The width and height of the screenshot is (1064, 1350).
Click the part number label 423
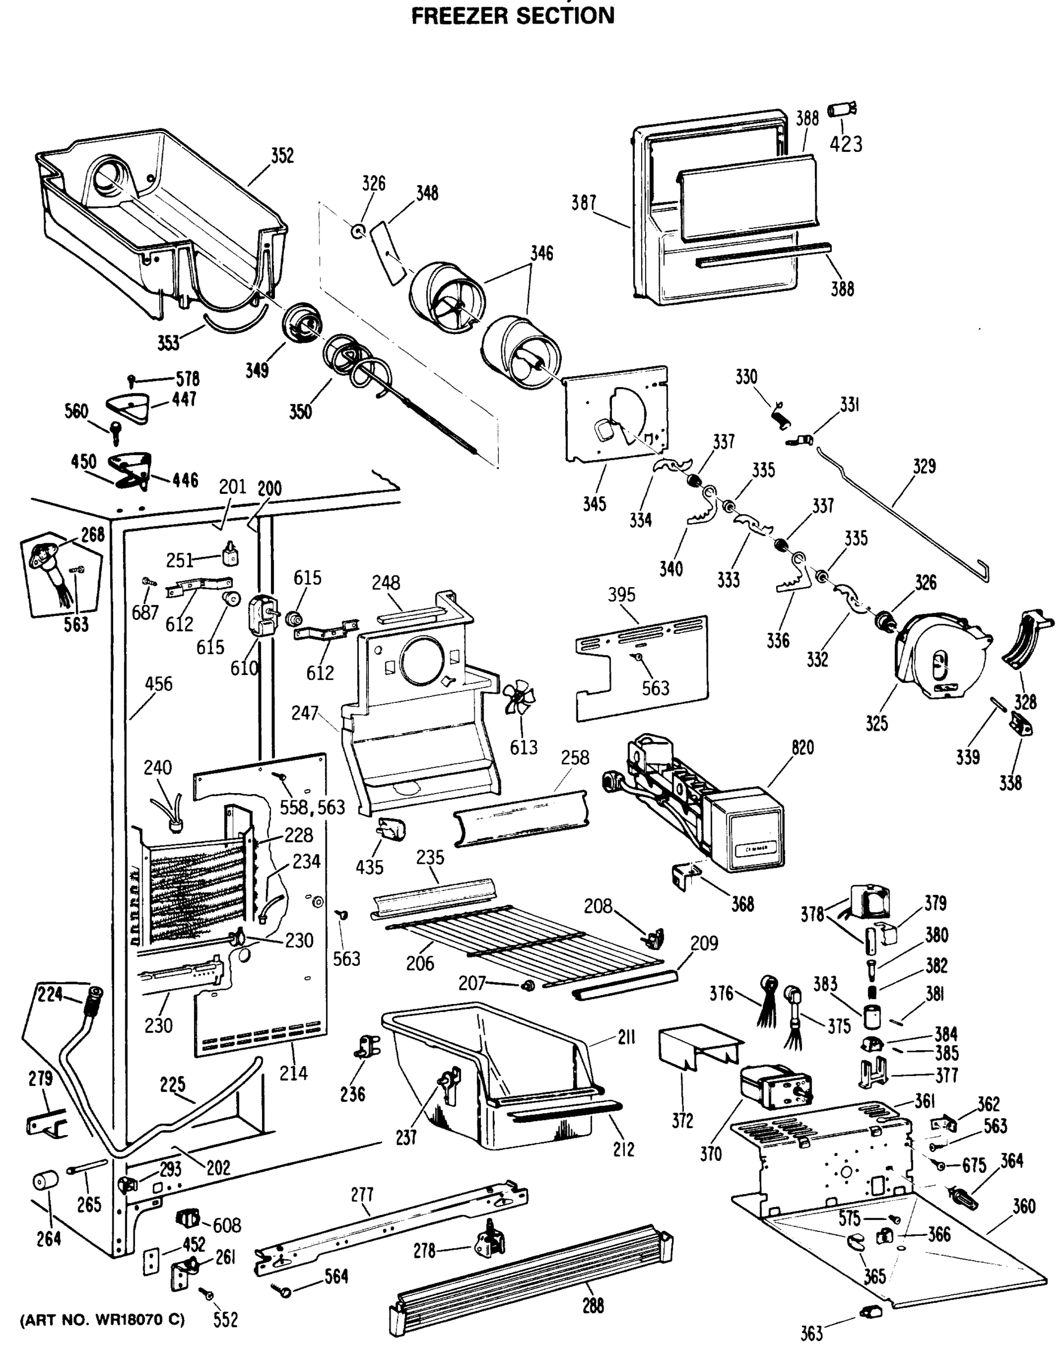click(846, 144)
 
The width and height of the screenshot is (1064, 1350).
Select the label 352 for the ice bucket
click(282, 155)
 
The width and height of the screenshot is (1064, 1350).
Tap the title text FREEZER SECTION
click(513, 15)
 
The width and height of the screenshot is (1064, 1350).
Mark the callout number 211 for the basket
click(626, 1037)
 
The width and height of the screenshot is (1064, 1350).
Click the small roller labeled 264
click(45, 1181)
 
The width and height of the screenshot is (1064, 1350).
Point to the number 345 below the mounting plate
click(594, 504)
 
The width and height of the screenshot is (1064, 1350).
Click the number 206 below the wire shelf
click(420, 964)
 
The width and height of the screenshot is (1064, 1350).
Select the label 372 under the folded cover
click(682, 1120)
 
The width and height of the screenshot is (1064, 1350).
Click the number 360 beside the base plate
click(1024, 1206)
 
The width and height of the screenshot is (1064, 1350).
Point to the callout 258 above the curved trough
click(574, 758)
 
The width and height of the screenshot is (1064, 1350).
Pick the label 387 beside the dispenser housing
click(584, 202)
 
